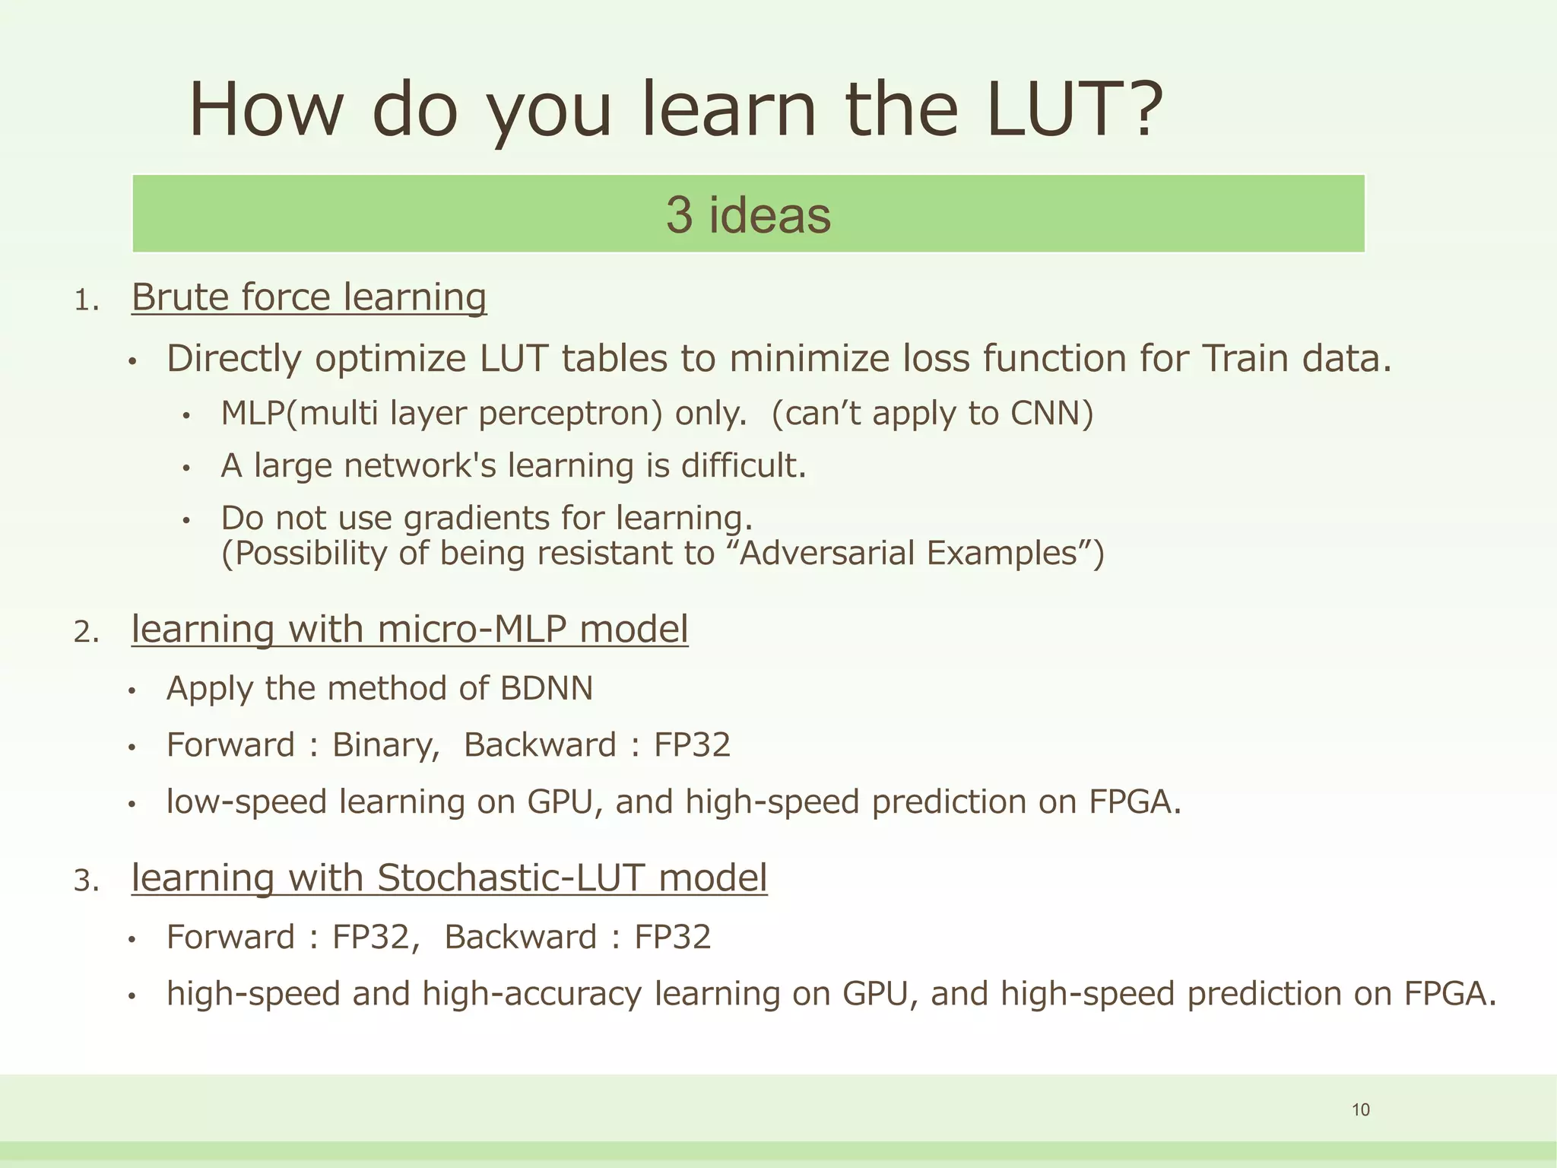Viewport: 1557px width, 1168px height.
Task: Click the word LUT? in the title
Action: pyautogui.click(x=1074, y=110)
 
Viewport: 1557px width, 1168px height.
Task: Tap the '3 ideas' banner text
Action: pyautogui.click(x=748, y=214)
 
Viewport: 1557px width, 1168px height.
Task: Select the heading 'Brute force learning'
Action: pyautogui.click(x=309, y=297)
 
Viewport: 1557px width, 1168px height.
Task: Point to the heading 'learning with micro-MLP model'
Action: pyautogui.click(x=410, y=630)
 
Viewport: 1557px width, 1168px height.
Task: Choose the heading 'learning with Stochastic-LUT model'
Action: pyautogui.click(x=449, y=878)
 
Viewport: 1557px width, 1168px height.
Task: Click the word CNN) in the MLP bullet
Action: pyautogui.click(x=1051, y=414)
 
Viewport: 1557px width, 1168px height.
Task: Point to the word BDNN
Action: pyautogui.click(x=546, y=689)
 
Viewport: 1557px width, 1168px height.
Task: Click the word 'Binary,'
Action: pyautogui.click(x=386, y=745)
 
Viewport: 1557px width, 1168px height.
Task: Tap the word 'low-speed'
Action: pyautogui.click(x=246, y=802)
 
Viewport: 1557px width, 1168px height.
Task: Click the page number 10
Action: pyautogui.click(x=1360, y=1110)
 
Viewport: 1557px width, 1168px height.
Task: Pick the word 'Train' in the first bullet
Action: pyautogui.click(x=1245, y=359)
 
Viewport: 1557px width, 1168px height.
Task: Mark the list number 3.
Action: pyautogui.click(x=85, y=881)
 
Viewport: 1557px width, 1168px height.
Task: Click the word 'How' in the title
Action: pyautogui.click(x=265, y=110)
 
